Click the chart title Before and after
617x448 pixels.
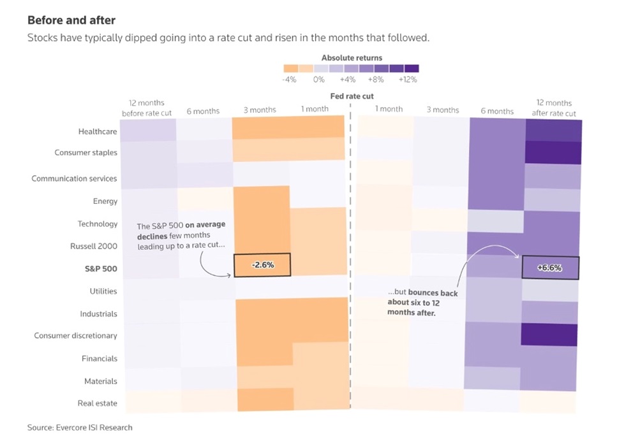coord(71,20)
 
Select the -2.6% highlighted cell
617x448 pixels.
coord(262,265)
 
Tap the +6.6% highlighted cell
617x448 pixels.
coord(551,268)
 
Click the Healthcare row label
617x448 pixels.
coord(98,132)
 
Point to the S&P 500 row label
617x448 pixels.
coord(101,269)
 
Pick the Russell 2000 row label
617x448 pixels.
coord(94,247)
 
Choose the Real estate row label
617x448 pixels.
coord(97,403)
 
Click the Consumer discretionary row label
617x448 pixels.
coord(75,336)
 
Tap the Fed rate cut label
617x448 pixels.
coord(352,96)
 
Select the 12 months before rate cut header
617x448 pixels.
coord(147,108)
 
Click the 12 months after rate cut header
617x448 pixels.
coord(554,108)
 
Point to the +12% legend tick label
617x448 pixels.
coord(408,80)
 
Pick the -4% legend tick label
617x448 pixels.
coord(289,80)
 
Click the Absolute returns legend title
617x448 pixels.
coord(352,58)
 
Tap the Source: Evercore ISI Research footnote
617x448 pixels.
coord(80,428)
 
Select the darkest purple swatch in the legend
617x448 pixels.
coord(412,68)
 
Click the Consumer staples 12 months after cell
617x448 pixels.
coord(553,152)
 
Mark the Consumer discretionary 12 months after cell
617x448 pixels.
coord(549,335)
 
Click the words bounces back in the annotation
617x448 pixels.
coord(433,293)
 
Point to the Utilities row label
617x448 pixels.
coord(103,291)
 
